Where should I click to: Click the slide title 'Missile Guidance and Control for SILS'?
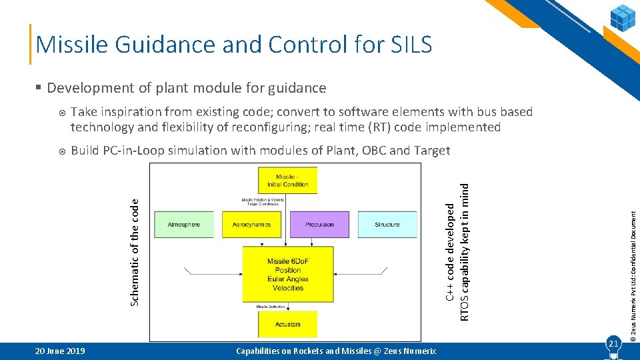234,44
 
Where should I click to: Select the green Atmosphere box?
183,225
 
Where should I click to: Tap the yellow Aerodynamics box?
251,225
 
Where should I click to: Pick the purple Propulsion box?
319,225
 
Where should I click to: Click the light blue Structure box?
387,225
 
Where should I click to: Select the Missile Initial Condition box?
287,180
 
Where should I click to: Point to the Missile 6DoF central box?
287,275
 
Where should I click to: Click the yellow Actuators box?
287,324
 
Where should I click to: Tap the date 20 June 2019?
60,351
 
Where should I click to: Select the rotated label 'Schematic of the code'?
135,253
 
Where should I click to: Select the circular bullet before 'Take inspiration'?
61,113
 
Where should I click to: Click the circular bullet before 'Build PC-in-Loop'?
61,151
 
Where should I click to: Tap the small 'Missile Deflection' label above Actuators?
271,307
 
